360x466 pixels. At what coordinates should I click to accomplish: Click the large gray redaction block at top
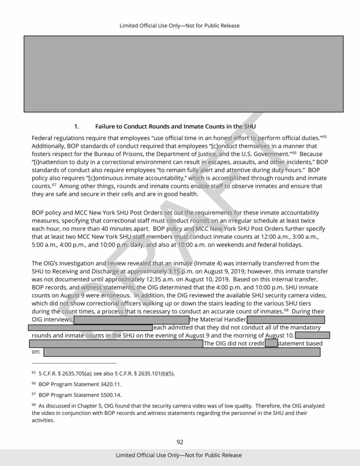[x=180, y=73]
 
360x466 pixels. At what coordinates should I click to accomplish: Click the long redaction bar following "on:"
[x=182, y=327]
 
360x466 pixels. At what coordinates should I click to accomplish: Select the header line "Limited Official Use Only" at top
[x=180, y=26]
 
